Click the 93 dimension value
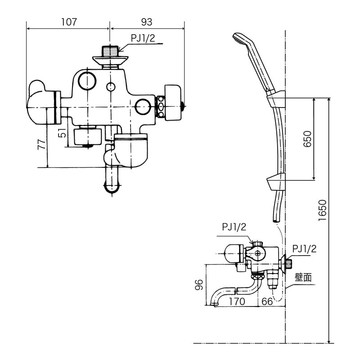tap(146, 22)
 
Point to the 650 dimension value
tap(307, 139)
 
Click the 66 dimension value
tap(267, 301)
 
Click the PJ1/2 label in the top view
tap(143, 39)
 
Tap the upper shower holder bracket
tap(276, 99)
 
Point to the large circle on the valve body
tap(86, 80)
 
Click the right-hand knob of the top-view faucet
tap(172, 103)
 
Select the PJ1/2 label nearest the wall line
tap(305, 248)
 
